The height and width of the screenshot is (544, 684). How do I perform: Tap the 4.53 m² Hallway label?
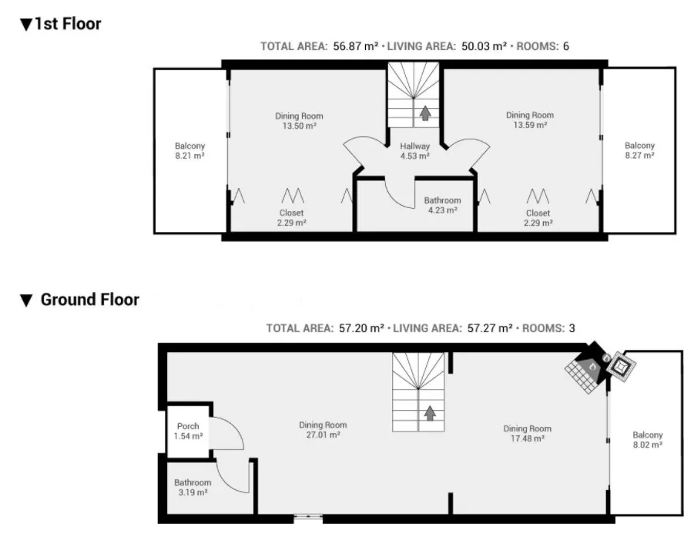(415, 151)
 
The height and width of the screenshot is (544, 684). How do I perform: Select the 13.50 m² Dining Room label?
(299, 121)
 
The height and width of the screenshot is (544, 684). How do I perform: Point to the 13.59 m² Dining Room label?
(530, 120)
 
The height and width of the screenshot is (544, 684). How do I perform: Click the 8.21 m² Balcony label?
(189, 150)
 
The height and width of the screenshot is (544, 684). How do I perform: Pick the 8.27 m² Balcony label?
(639, 150)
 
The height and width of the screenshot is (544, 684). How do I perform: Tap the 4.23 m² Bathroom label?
(442, 205)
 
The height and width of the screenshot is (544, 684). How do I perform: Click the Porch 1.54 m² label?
(188, 431)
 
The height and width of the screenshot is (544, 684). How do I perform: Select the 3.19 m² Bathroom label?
(193, 487)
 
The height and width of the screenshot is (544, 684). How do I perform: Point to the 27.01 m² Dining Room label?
(323, 430)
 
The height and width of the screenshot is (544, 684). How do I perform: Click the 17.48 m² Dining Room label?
(528, 433)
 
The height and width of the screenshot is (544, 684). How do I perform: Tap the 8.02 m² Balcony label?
(648, 440)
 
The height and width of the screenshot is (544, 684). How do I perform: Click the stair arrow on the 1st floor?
(425, 113)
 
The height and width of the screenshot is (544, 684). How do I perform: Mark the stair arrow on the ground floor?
(430, 413)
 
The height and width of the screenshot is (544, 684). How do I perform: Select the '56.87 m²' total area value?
(356, 46)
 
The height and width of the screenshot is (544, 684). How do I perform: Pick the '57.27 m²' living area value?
(490, 328)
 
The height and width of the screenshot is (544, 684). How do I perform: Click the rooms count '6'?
(566, 46)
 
